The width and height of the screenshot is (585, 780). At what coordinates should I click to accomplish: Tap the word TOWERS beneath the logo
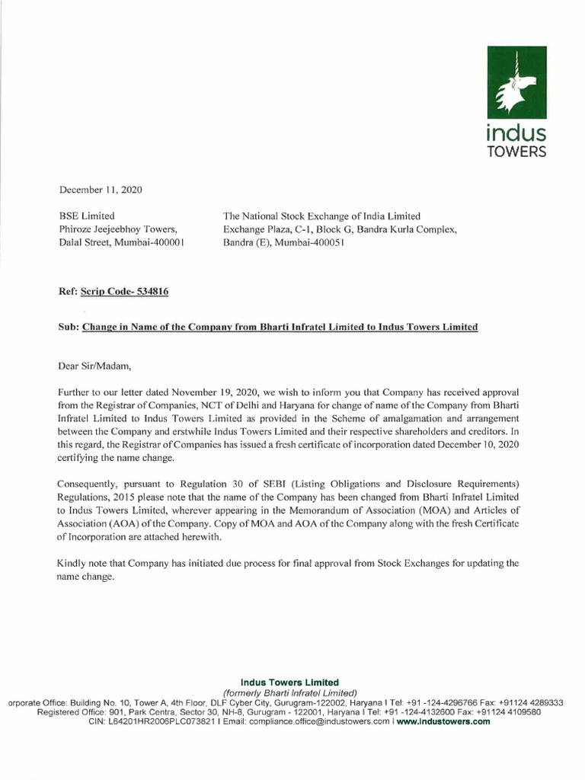coord(516,152)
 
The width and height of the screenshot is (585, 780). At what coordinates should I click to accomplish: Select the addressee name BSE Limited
coord(87,216)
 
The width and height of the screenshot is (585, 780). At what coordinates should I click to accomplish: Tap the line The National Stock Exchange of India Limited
coord(321,216)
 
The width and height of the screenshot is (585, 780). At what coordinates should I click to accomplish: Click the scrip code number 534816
coord(150,292)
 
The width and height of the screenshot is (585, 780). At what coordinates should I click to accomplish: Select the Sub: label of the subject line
coord(69,327)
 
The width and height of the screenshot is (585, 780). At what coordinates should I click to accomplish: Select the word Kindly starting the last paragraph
coord(74,563)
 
